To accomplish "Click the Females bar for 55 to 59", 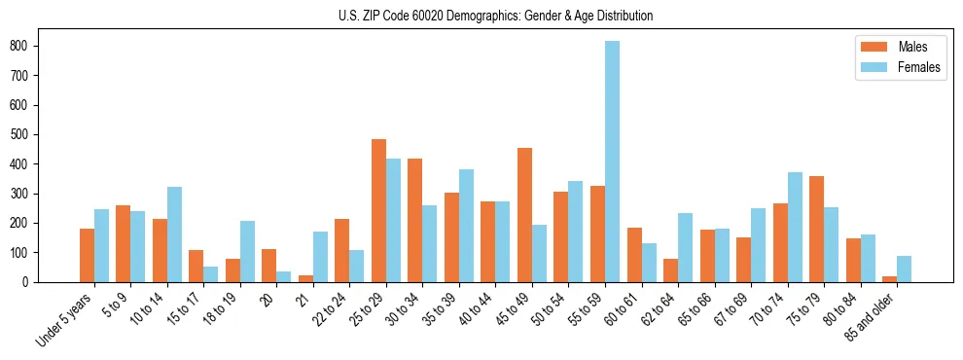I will (613, 162).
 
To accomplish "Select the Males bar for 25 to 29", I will (378, 210).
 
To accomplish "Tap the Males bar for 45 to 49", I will (524, 215).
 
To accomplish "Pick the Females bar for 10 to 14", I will (174, 234).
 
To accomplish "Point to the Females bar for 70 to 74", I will (795, 227).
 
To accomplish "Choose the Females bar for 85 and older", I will (904, 269).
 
